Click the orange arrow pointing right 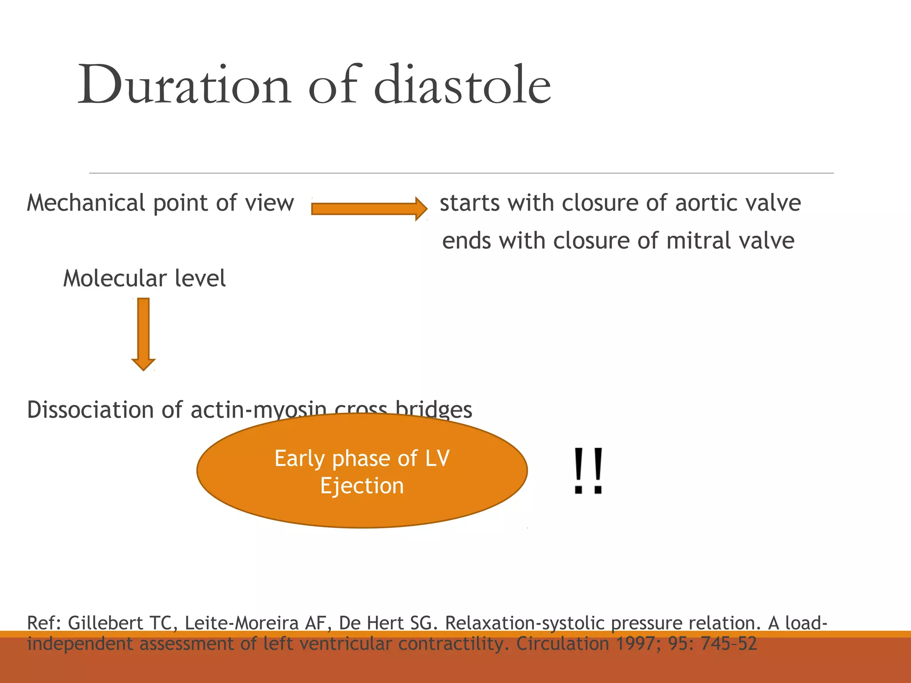(x=369, y=209)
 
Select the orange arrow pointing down (x=143, y=333)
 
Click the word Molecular (x=115, y=278)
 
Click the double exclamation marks (x=588, y=471)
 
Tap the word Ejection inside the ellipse (x=362, y=486)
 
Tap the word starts (x=470, y=203)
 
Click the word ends (x=467, y=241)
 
